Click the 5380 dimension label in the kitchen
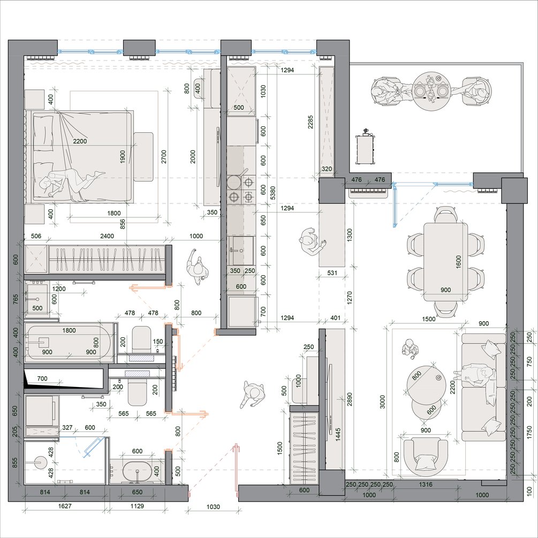(x=273, y=193)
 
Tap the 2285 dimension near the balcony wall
(x=310, y=122)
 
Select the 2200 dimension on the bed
(x=80, y=141)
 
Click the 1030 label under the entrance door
(x=213, y=506)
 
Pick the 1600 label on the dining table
(x=459, y=262)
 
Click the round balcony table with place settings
(x=428, y=90)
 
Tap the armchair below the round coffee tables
(x=426, y=457)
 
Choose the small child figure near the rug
(x=410, y=349)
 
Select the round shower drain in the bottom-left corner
(x=40, y=463)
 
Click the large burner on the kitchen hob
(x=234, y=182)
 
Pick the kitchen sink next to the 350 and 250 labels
(x=241, y=251)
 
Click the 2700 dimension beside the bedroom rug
(x=164, y=156)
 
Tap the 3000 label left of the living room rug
(x=383, y=401)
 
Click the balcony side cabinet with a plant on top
(x=366, y=148)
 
